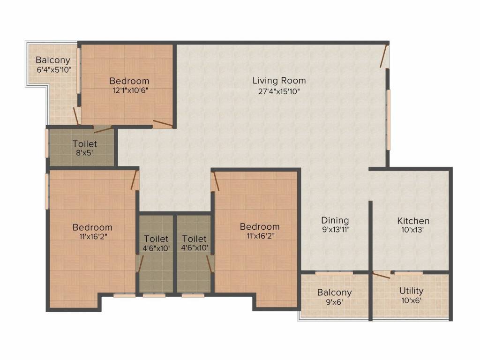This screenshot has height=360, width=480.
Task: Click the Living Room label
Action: (279, 81)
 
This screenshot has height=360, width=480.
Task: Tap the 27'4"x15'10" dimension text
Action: (279, 91)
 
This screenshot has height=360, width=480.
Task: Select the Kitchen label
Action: (413, 221)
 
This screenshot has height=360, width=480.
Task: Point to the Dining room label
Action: (335, 220)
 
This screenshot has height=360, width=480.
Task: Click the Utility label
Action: (411, 291)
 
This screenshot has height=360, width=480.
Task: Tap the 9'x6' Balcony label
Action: (334, 297)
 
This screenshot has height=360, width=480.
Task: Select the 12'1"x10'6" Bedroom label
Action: (129, 85)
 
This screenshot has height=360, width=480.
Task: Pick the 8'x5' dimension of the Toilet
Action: (85, 152)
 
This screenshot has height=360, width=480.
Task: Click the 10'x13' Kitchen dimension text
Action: (413, 230)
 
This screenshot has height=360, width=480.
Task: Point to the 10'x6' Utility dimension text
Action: (411, 300)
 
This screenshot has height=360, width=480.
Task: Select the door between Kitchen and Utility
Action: (381, 275)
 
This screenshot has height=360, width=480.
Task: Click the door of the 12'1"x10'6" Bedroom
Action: (162, 124)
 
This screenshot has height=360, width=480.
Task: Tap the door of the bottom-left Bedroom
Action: (135, 180)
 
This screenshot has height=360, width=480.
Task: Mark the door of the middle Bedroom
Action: (215, 181)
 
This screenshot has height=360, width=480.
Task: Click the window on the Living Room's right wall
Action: (388, 120)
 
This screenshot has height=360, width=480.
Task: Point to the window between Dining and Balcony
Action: (334, 272)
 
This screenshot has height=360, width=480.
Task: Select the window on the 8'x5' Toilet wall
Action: (47, 143)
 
